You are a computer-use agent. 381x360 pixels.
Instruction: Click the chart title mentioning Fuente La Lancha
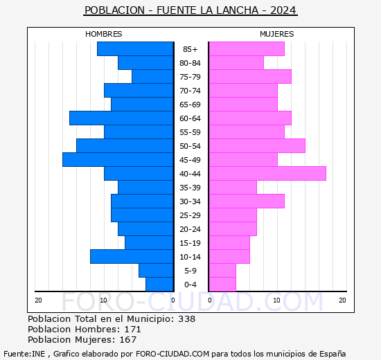click(190, 10)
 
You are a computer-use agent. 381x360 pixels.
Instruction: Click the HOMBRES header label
click(103, 34)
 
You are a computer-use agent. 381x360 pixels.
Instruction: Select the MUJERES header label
click(276, 34)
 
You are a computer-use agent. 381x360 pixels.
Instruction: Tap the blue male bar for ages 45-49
click(118, 160)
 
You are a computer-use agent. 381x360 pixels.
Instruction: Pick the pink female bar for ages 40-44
click(267, 174)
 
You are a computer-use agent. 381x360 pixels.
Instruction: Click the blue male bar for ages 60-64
click(121, 118)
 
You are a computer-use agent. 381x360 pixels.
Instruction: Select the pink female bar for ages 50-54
click(256, 146)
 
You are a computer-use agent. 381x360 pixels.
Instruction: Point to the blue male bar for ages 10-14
click(132, 257)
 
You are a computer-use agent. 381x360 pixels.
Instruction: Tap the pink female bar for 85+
click(246, 49)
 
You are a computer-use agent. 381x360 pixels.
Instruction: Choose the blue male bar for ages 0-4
click(159, 285)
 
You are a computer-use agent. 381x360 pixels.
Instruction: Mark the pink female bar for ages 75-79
click(249, 77)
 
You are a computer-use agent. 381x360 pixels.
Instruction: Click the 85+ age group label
click(190, 49)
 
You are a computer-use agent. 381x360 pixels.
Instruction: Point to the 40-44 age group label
click(190, 174)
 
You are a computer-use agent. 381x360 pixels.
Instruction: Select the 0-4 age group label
click(190, 285)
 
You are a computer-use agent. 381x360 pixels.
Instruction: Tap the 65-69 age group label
click(190, 105)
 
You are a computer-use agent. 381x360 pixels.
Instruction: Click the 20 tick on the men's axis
click(39, 300)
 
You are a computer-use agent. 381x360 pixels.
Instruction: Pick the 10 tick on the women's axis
click(276, 300)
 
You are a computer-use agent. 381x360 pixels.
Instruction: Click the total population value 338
click(186, 319)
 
